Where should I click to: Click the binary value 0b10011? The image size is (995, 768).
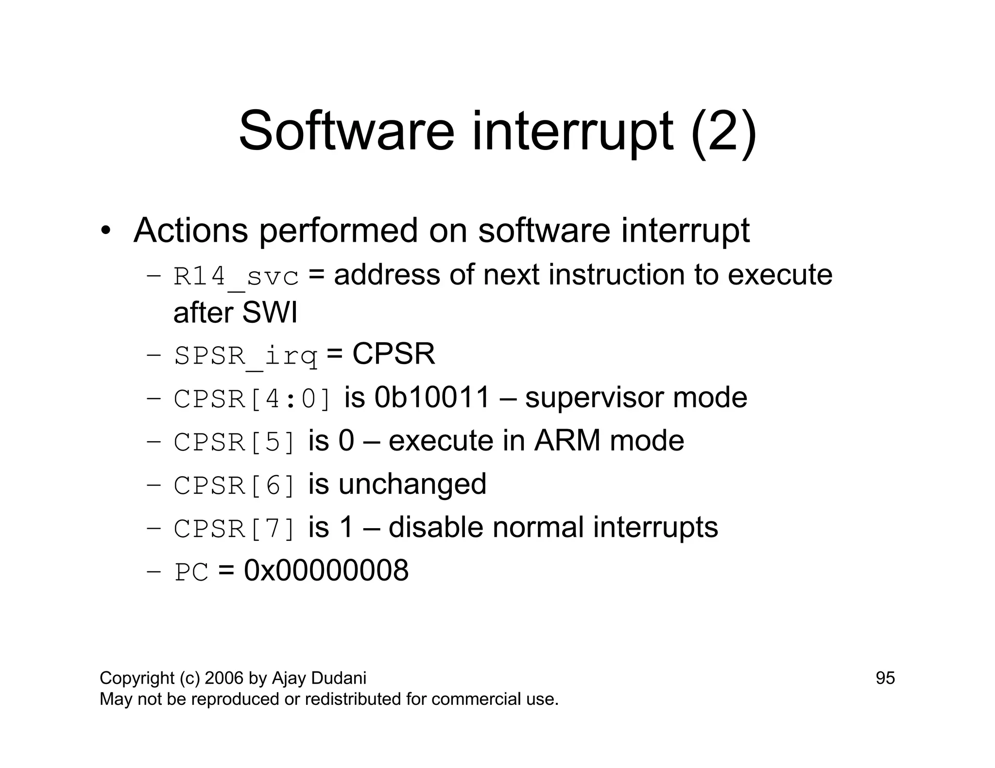pyautogui.click(x=432, y=398)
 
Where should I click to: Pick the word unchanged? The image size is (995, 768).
pyautogui.click(x=412, y=484)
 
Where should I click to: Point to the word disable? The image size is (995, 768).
pyautogui.click(x=436, y=527)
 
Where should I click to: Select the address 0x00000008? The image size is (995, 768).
pyautogui.click(x=326, y=570)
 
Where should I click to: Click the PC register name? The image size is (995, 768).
pyautogui.click(x=191, y=572)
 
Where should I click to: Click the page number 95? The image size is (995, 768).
pyautogui.click(x=885, y=678)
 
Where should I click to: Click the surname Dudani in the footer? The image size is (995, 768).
pyautogui.click(x=339, y=678)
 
